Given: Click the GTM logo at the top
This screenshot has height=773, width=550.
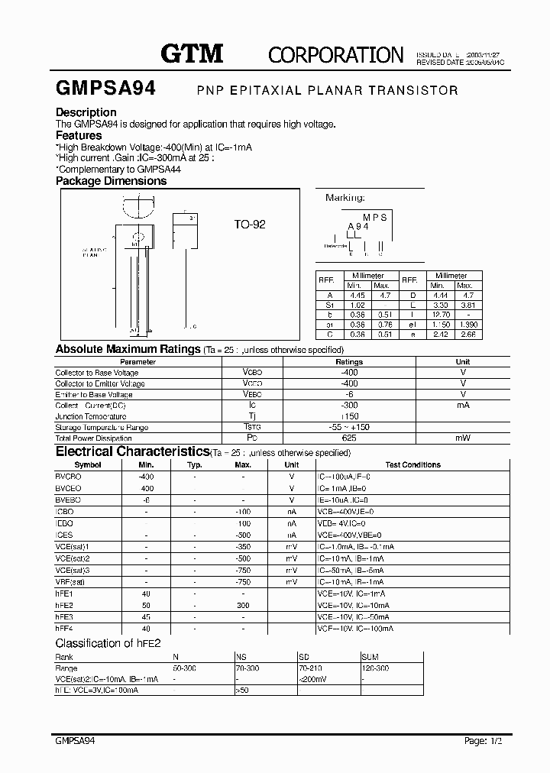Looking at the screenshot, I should (191, 53).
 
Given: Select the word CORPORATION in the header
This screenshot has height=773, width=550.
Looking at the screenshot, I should (335, 55).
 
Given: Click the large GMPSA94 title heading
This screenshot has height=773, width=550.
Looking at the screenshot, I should (105, 89).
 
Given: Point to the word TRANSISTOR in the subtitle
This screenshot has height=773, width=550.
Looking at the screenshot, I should (413, 90).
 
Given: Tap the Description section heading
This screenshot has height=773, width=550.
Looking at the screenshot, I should (86, 112).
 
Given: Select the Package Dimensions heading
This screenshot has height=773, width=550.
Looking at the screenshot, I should (111, 182).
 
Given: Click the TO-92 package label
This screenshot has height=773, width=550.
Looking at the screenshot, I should (250, 225).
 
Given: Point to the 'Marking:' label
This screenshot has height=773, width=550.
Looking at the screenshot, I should (345, 198).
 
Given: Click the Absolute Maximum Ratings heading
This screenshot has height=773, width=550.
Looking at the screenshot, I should (128, 350).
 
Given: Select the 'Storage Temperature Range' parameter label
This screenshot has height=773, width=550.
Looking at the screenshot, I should (102, 428).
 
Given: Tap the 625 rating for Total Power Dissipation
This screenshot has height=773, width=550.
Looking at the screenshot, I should (349, 438).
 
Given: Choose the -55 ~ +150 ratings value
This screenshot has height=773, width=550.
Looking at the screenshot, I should (349, 428).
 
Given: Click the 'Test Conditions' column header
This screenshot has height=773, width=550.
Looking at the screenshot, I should (412, 464).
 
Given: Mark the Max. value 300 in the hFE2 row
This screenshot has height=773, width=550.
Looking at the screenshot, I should (243, 605).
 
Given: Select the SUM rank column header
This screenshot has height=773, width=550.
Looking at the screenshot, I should (370, 657).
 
